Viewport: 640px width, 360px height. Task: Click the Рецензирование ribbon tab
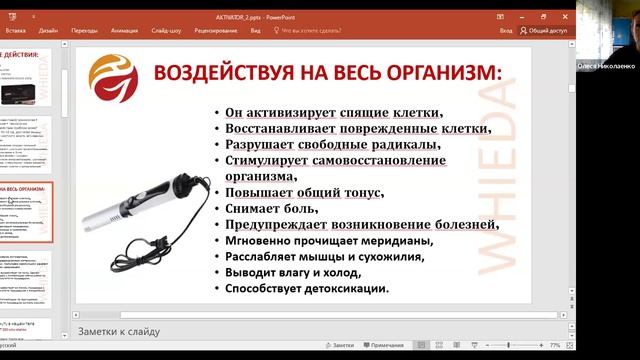216,31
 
